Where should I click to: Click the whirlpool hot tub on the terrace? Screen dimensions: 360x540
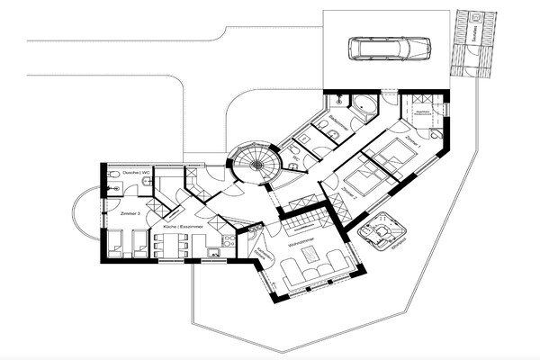point(382,232)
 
